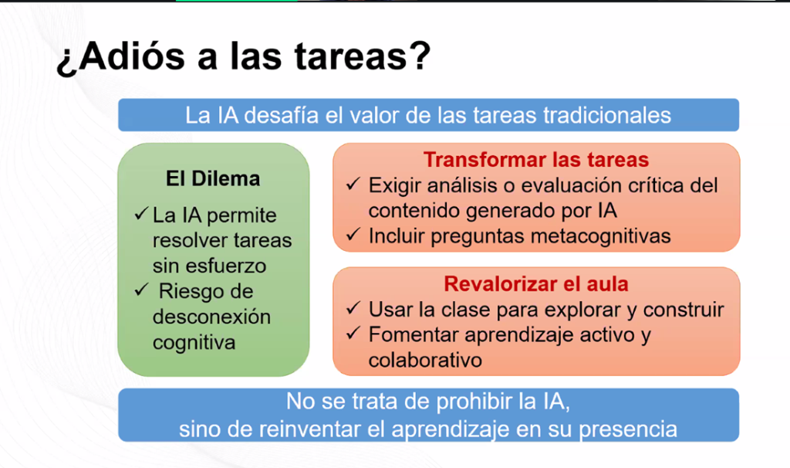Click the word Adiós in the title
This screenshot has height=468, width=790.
(x=132, y=56)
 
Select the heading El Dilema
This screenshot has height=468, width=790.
(x=213, y=178)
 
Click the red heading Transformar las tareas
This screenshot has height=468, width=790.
(x=536, y=159)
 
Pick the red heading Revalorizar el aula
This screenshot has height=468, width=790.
(x=536, y=284)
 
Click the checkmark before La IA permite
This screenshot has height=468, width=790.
(x=142, y=214)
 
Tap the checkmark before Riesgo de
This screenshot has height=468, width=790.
(x=142, y=290)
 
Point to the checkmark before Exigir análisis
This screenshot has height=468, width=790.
(x=353, y=184)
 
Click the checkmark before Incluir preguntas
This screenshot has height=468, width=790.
(x=353, y=234)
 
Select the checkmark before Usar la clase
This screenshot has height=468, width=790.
(x=353, y=307)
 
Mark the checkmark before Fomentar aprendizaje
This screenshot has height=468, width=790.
(x=353, y=333)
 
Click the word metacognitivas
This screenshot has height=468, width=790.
(x=598, y=236)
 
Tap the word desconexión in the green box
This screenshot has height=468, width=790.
(x=211, y=317)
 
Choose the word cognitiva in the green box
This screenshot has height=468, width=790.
(x=194, y=343)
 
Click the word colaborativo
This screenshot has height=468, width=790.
(x=425, y=360)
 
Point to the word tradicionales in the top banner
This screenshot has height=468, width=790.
(x=607, y=116)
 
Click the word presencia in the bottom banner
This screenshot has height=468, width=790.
(x=628, y=430)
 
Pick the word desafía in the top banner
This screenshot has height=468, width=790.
(x=281, y=116)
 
